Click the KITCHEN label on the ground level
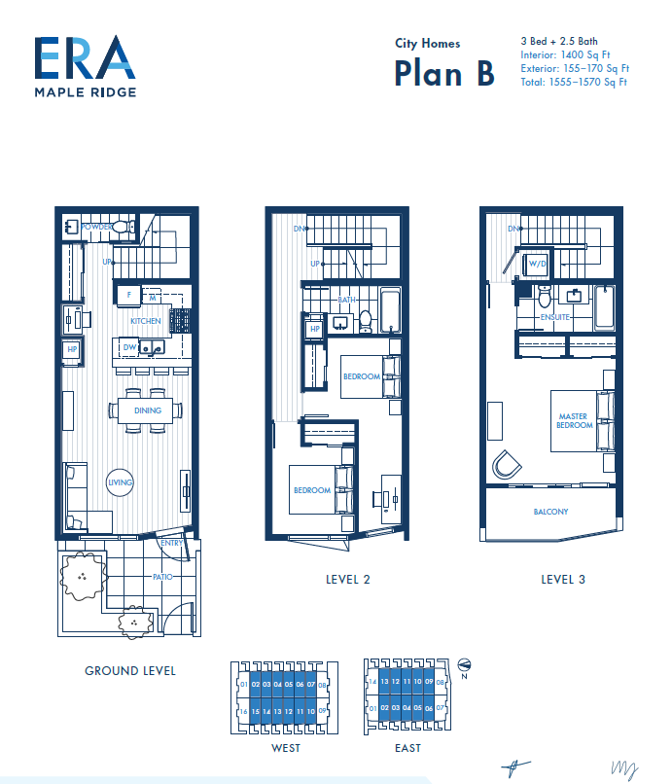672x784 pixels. (146, 320)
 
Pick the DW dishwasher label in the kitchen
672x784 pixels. (128, 345)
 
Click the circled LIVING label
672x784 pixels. (120, 482)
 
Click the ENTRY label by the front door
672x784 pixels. (171, 543)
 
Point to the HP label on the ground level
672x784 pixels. (72, 350)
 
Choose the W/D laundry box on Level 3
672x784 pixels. (536, 264)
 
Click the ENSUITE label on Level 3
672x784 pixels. (555, 317)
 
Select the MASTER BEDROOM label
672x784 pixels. (574, 420)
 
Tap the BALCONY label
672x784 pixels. (550, 512)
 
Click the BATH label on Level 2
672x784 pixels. (347, 301)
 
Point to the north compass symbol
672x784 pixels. (463, 663)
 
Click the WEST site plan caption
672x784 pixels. (286, 748)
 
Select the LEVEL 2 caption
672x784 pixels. (348, 579)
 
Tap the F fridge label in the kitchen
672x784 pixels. (128, 293)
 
